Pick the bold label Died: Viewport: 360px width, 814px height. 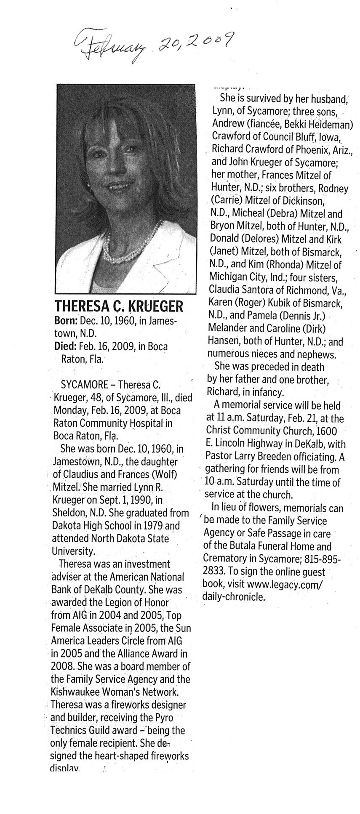pyautogui.click(x=65, y=346)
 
